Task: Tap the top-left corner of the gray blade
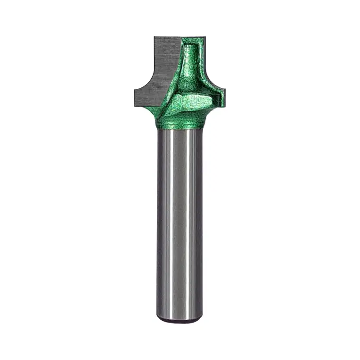(x=155, y=37)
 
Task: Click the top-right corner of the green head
(x=205, y=37)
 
